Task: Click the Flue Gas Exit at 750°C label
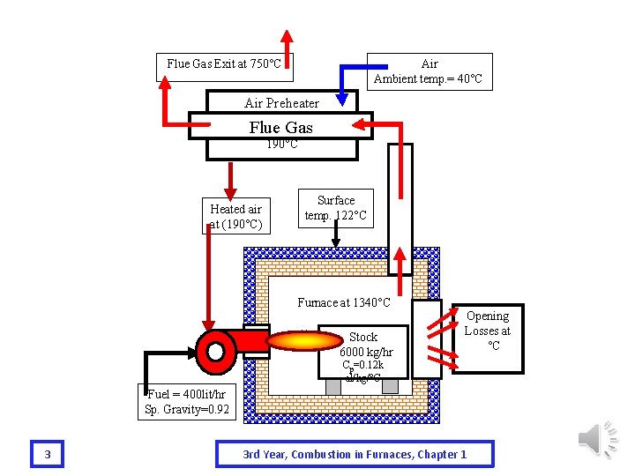[x=224, y=64]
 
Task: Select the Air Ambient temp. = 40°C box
[x=429, y=71]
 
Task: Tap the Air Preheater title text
[x=281, y=103]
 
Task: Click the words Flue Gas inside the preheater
[x=281, y=127]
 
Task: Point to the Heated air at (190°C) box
[x=235, y=216]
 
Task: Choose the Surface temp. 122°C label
[x=335, y=209]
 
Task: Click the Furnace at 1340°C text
[x=343, y=303]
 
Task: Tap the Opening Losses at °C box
[x=487, y=331]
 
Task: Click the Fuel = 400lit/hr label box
[x=187, y=402]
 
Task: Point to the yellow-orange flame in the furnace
[x=303, y=341]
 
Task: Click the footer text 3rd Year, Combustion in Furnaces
[x=355, y=454]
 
